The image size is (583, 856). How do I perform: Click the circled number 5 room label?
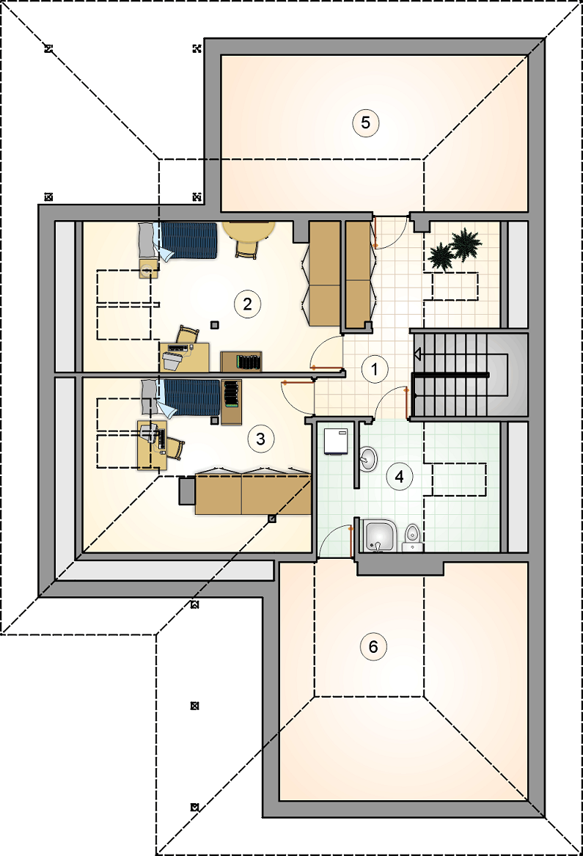[x=365, y=122]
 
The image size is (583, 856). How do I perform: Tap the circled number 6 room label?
[x=373, y=647]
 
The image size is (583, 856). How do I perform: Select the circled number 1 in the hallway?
[x=375, y=369]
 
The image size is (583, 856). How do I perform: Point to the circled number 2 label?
[x=247, y=304]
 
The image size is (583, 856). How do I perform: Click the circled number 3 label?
[x=260, y=439]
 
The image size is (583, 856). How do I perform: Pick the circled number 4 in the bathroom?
[x=399, y=477]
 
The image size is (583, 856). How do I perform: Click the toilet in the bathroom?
[x=413, y=538]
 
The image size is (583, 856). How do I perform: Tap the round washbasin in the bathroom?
[x=368, y=458]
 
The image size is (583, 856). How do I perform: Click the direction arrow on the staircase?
[x=417, y=355]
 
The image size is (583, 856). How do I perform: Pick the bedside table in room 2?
[x=148, y=268]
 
